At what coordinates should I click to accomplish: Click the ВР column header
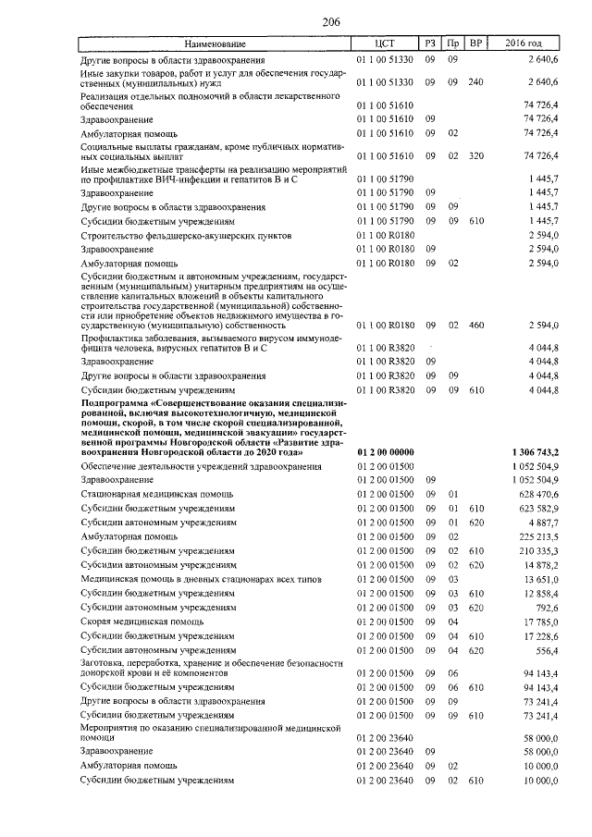(475, 43)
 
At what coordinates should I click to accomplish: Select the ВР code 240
(475, 82)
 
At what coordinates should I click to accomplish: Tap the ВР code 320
(475, 155)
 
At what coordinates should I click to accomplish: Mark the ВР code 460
(475, 326)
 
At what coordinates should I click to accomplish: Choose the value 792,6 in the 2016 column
(544, 608)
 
